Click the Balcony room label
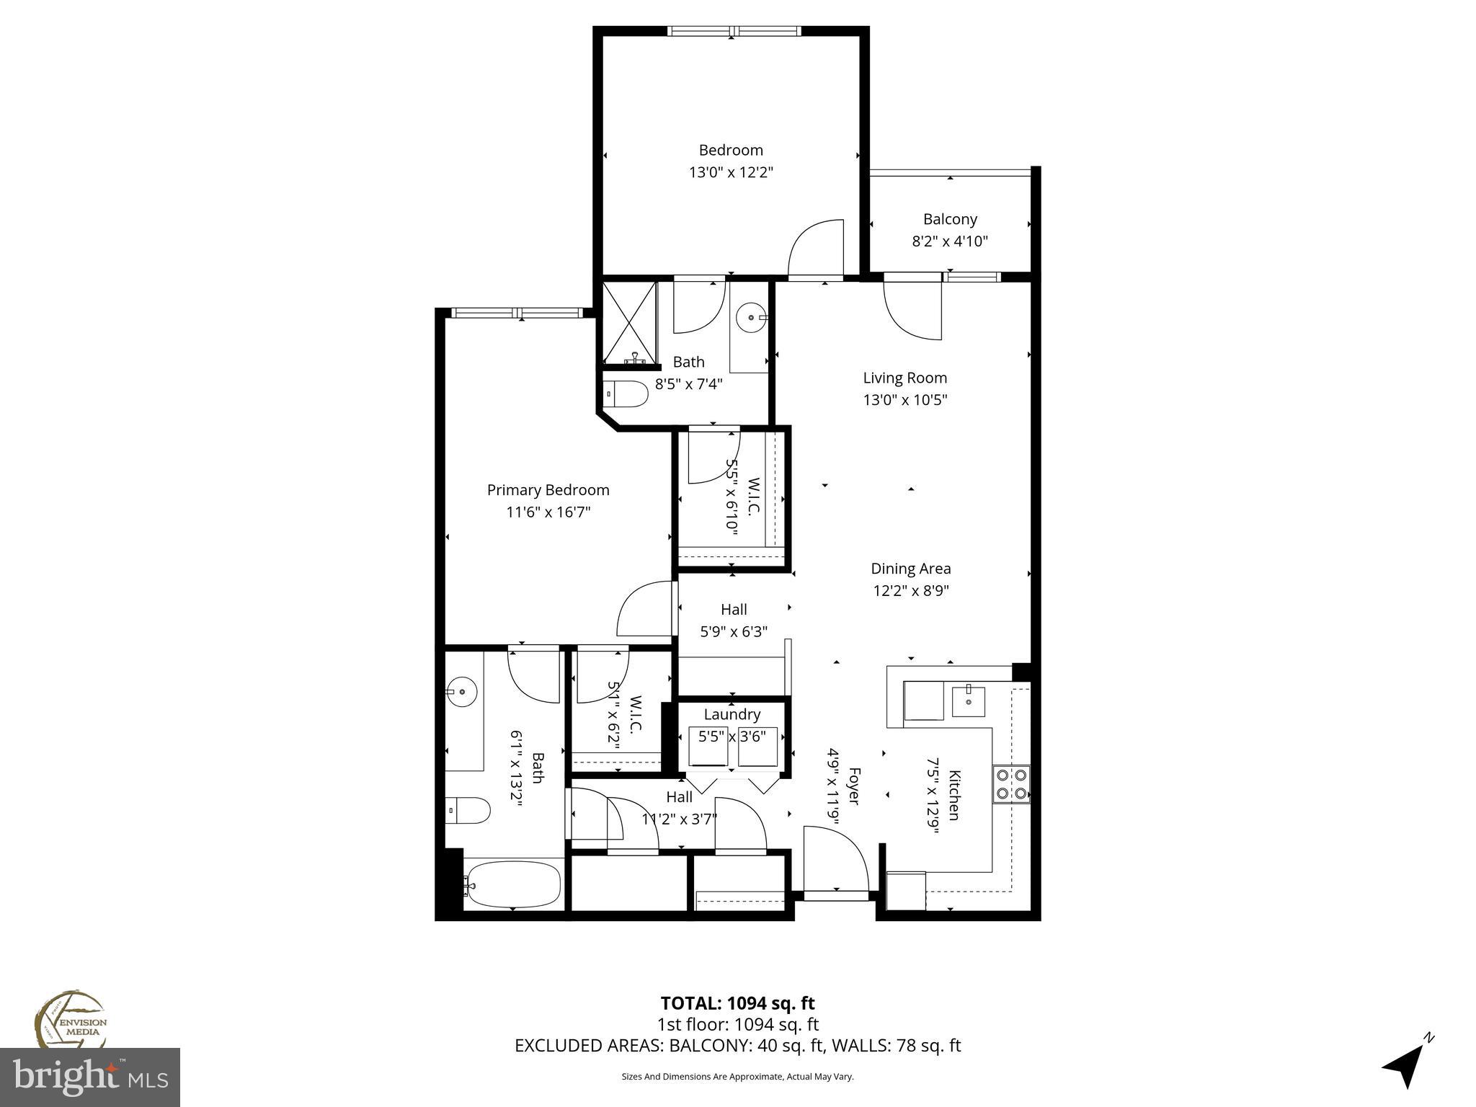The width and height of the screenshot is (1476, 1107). [950, 219]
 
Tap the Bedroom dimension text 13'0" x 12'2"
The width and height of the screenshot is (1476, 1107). [731, 172]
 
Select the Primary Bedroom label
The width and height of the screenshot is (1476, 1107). [548, 490]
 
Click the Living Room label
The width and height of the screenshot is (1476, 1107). [904, 378]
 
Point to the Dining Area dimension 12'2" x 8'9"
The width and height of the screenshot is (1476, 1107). [910, 591]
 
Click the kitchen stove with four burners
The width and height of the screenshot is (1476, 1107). [1011, 785]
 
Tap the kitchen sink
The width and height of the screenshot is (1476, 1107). [968, 701]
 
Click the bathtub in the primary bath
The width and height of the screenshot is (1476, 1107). [513, 884]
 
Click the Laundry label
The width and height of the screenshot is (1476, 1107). [732, 714]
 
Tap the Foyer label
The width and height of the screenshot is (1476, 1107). [853, 786]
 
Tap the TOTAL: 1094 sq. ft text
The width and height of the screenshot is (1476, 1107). [737, 1003]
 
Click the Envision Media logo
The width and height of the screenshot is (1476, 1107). [71, 1021]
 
